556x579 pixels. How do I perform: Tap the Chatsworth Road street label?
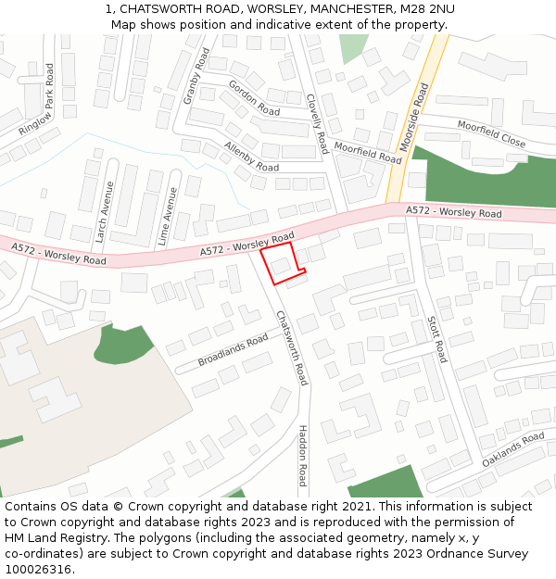click(x=291, y=347)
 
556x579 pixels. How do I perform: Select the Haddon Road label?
click(x=302, y=455)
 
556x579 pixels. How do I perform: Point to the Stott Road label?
click(x=436, y=339)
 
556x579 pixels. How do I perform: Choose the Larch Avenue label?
click(x=104, y=211)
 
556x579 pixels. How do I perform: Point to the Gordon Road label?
click(x=254, y=97)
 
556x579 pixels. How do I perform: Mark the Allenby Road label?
click(x=251, y=157)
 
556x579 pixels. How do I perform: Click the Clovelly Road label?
click(x=317, y=123)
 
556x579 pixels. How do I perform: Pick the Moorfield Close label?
click(x=491, y=137)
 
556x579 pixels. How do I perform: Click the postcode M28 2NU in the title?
click(x=427, y=9)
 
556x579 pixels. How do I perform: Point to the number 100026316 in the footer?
click(x=38, y=569)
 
